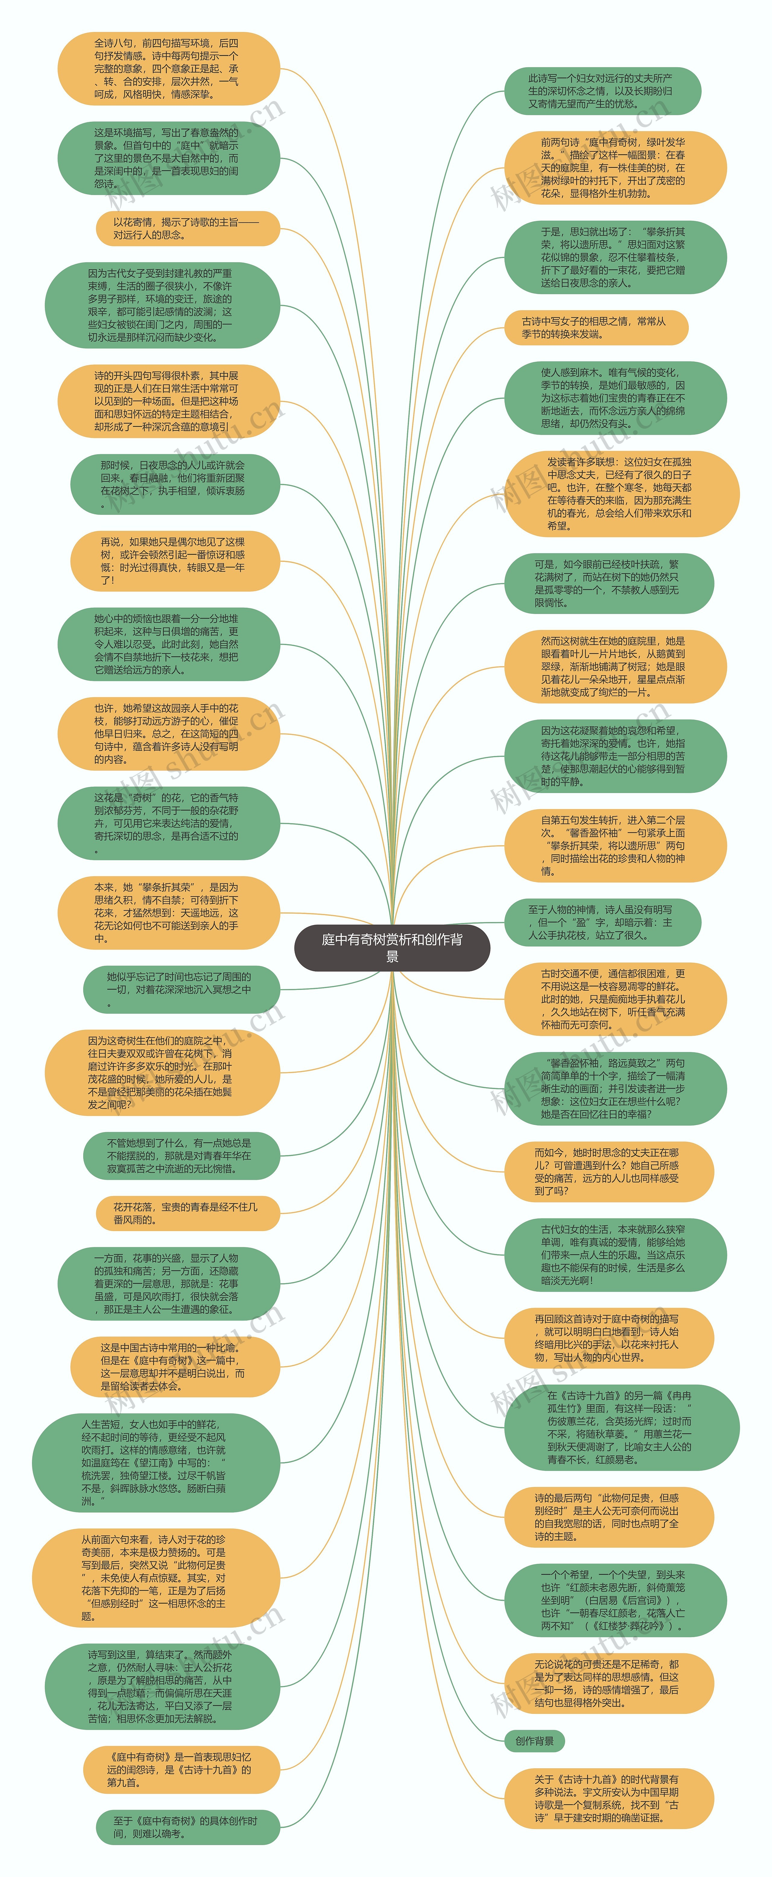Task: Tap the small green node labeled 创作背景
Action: point(534,1741)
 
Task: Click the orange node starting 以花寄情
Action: point(187,228)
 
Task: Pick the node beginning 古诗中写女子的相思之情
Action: point(596,327)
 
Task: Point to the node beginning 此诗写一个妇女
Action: point(602,91)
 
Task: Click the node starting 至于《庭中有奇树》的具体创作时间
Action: point(187,1828)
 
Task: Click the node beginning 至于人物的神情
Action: point(602,922)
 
